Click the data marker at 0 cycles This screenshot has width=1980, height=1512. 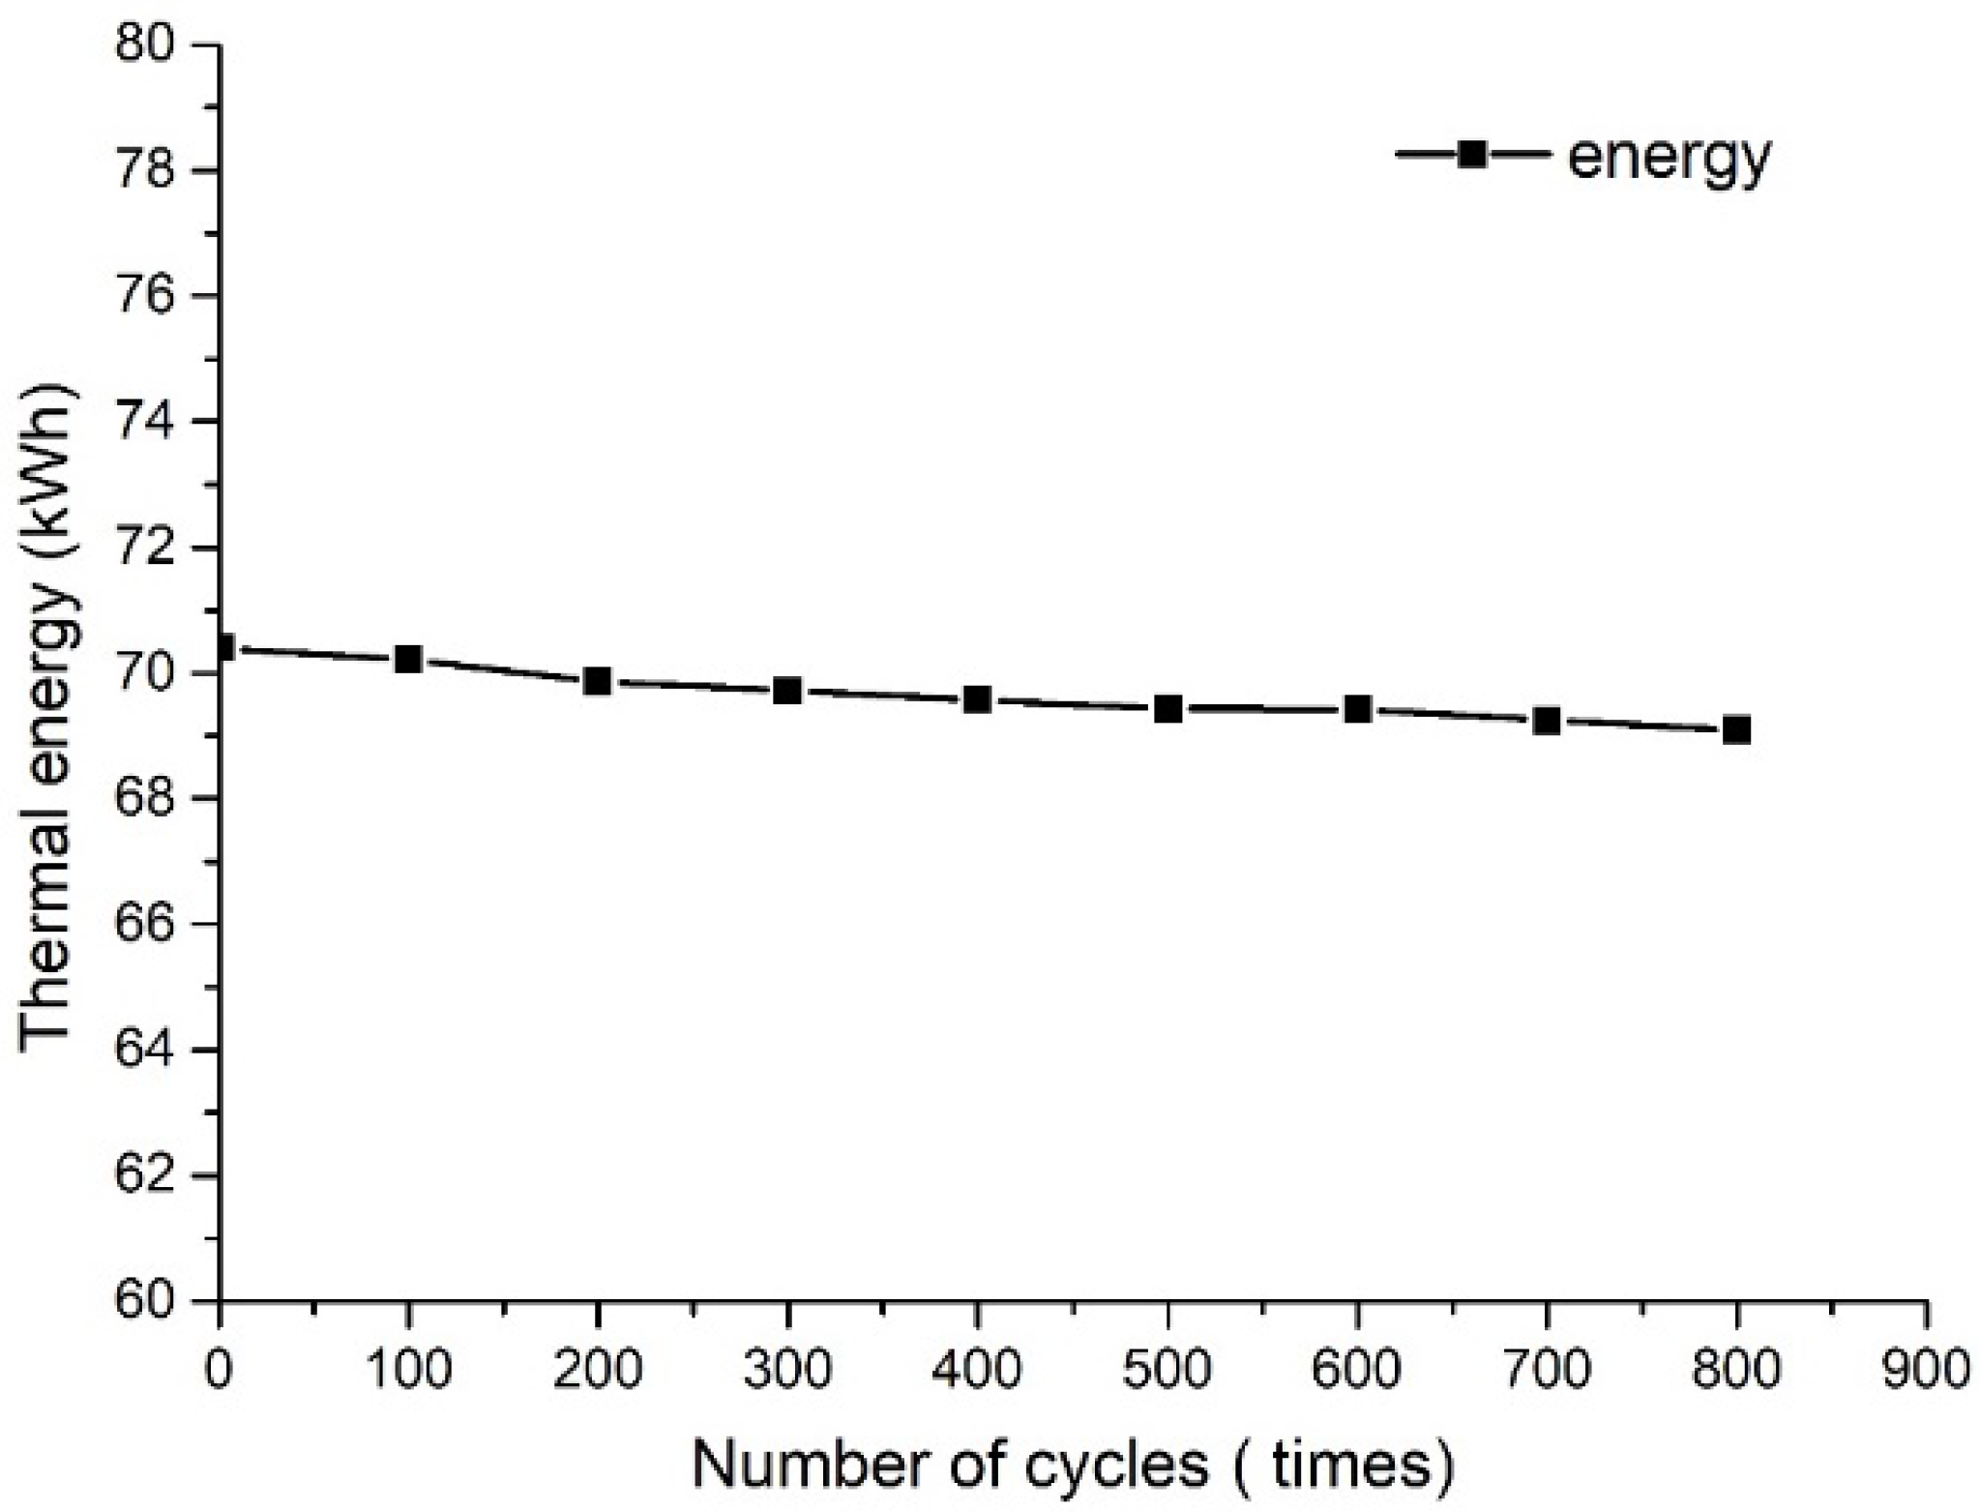[x=223, y=647]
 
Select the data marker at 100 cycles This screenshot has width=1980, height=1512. [x=408, y=660]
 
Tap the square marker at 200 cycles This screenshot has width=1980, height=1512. [x=598, y=681]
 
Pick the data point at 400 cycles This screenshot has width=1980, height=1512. [x=977, y=698]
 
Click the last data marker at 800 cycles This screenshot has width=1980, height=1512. [x=1736, y=728]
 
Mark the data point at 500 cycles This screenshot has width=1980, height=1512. [x=1167, y=709]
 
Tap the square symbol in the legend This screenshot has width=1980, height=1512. [x=1471, y=154]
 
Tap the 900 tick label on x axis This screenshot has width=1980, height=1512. [x=1925, y=1371]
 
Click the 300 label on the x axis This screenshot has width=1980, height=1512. [x=787, y=1371]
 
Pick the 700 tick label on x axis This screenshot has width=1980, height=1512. [x=1547, y=1371]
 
